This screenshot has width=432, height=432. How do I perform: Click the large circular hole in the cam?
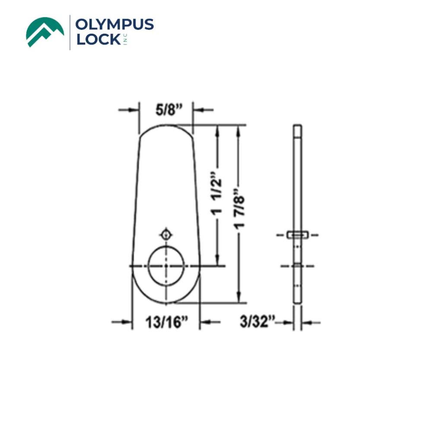[166, 266]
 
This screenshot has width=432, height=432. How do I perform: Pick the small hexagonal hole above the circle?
[166, 235]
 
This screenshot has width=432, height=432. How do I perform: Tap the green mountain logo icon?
[45, 32]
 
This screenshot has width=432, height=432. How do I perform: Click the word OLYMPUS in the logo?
[114, 25]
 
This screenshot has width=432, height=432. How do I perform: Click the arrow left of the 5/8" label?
[130, 110]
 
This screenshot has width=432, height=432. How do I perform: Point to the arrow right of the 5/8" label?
[203, 110]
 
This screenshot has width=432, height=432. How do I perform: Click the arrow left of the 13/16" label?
[122, 321]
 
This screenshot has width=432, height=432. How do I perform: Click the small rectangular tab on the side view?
[298, 235]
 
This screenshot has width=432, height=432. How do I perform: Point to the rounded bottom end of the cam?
[166, 296]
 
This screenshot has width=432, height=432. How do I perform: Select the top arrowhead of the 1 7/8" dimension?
[238, 130]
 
